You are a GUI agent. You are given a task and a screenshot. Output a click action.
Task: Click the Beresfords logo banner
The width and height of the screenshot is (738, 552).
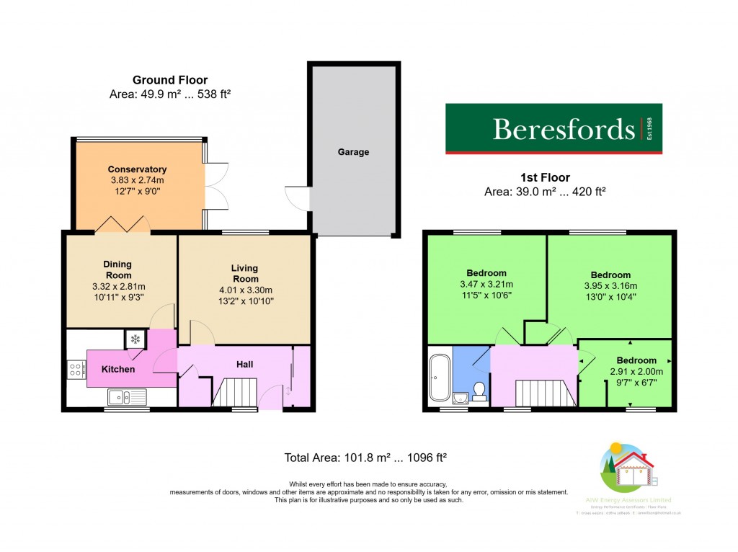pyautogui.click(x=553, y=129)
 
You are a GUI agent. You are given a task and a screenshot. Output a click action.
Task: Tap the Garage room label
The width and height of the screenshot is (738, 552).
pyautogui.click(x=353, y=152)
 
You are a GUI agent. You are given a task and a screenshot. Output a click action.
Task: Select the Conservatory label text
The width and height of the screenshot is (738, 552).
pyautogui.click(x=137, y=169)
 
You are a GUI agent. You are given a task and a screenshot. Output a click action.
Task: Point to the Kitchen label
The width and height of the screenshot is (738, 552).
pyautogui.click(x=117, y=369)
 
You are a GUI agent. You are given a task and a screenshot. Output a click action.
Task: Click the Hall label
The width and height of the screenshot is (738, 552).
pyautogui.click(x=244, y=365)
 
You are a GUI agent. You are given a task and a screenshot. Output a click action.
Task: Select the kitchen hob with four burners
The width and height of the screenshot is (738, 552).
pyautogui.click(x=76, y=370)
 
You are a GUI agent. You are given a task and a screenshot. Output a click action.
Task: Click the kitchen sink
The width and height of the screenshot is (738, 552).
pyautogui.click(x=120, y=396)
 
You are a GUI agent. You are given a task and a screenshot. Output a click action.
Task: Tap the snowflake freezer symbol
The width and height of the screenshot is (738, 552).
pyautogui.click(x=135, y=338)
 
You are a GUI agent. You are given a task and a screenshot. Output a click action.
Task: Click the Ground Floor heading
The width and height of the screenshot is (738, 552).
pyautogui.click(x=170, y=80)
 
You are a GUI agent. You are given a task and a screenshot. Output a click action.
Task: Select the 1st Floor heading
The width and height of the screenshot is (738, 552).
pyautogui.click(x=545, y=177)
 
